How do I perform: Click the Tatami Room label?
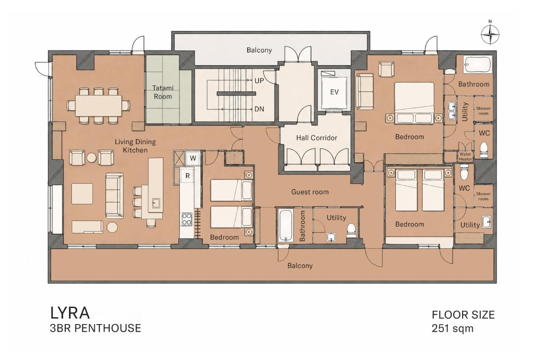pyautogui.click(x=163, y=92)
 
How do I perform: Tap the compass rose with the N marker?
pyautogui.click(x=490, y=35)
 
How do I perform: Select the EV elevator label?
pyautogui.click(x=335, y=92)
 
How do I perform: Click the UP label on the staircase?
pyautogui.click(x=259, y=81)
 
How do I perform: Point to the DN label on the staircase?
pyautogui.click(x=259, y=109)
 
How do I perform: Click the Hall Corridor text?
pyautogui.click(x=317, y=138)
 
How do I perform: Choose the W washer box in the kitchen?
pyautogui.click(x=193, y=158)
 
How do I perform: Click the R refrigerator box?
pyautogui.click(x=187, y=175)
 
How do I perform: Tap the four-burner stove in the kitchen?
pyautogui.click(x=186, y=219)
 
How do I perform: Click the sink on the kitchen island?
pyautogui.click(x=156, y=203)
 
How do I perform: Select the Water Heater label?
pyautogui.click(x=465, y=157)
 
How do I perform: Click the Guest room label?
pyautogui.click(x=310, y=192)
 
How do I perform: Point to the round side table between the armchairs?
pyautogui.click(x=92, y=157)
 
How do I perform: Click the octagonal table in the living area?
pyautogui.click(x=112, y=227)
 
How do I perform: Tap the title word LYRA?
pyautogui.click(x=70, y=313)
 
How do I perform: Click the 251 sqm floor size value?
pyautogui.click(x=452, y=328)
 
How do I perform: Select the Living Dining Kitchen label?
pyautogui.click(x=135, y=146)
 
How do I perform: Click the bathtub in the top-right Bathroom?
pyautogui.click(x=478, y=64)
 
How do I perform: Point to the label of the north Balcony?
pyautogui.click(x=259, y=50)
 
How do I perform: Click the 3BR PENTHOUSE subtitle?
pyautogui.click(x=96, y=328)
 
